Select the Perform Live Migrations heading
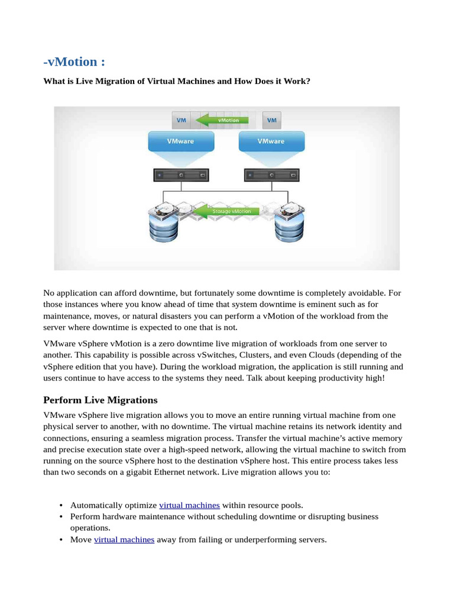(100, 400)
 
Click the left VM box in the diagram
(182, 120)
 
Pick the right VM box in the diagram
(272, 120)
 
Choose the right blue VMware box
(270, 141)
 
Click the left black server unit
(181, 176)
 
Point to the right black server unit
(271, 176)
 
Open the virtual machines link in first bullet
(190, 505)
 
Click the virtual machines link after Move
(124, 540)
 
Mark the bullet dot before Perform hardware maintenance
(61, 517)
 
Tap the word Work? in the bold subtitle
(296, 81)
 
